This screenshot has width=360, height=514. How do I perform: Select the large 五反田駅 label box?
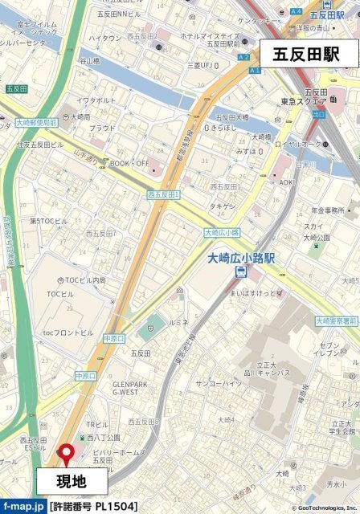pyautogui.click(x=305, y=55)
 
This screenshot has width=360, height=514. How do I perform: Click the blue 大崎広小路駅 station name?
pyautogui.click(x=241, y=258)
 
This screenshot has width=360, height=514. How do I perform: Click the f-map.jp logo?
pyautogui.click(x=22, y=506)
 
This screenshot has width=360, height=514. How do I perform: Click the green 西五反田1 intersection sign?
pyautogui.click(x=164, y=194)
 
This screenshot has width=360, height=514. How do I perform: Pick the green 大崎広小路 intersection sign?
pyautogui.click(x=223, y=233)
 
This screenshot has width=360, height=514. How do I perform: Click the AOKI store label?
pyautogui.click(x=287, y=182)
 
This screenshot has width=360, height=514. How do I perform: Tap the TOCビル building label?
pyautogui.click(x=60, y=294)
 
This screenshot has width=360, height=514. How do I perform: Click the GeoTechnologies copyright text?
pyautogui.click(x=320, y=508)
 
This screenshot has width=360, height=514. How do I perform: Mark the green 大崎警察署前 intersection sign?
pyautogui.click(x=337, y=320)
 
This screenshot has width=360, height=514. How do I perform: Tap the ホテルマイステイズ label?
pyautogui.click(x=210, y=36)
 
